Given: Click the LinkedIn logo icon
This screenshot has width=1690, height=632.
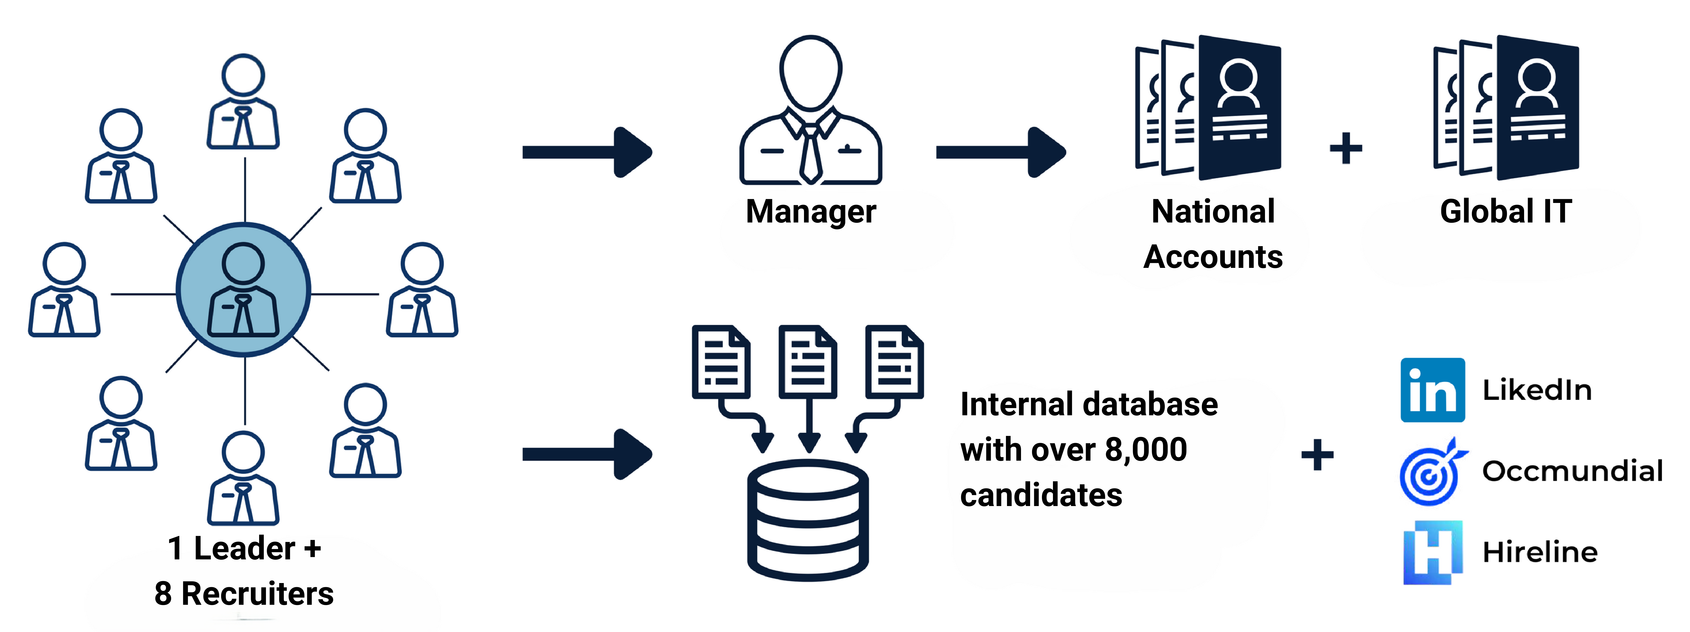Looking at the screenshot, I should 1432,390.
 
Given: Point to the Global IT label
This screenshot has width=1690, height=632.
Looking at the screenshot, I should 1506,211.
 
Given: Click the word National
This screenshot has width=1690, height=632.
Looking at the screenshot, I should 1213,211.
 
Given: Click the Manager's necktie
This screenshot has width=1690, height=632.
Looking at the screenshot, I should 811,154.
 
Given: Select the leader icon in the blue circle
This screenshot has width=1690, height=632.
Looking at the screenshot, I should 243,290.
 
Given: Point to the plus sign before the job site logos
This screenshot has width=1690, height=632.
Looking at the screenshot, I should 1317,455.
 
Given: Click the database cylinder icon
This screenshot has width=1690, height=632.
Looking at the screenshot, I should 808,520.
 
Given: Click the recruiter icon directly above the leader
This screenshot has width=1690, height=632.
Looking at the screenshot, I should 243,102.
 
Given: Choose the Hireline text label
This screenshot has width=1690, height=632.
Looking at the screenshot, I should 1540,553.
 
